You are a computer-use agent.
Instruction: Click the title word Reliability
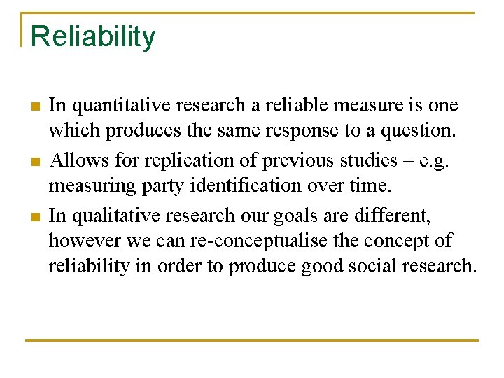[x=93, y=36]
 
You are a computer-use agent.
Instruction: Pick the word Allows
[x=76, y=160]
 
